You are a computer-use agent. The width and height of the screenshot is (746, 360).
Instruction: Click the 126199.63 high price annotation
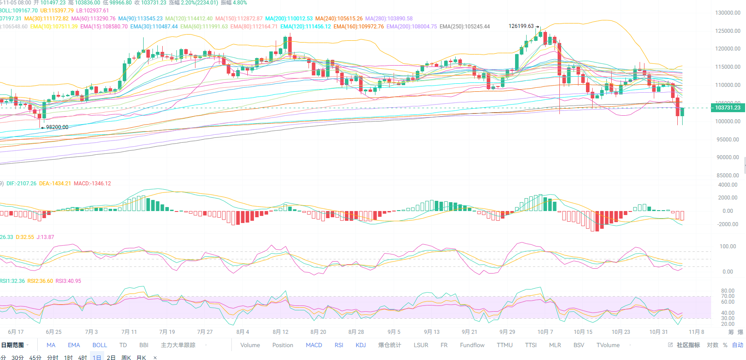click(521, 26)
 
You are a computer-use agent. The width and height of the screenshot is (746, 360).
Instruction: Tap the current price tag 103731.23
click(727, 108)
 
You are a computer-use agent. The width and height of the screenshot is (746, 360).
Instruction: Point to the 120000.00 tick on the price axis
click(727, 49)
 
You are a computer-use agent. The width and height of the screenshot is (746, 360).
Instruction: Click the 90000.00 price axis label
click(727, 157)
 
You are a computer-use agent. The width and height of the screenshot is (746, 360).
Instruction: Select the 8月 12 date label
click(281, 332)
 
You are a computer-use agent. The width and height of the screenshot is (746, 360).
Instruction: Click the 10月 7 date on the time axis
click(545, 332)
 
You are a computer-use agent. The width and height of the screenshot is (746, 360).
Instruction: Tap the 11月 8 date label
click(696, 332)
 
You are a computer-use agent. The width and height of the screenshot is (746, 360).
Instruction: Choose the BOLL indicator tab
click(100, 345)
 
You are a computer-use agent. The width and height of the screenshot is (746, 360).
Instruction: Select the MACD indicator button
click(314, 345)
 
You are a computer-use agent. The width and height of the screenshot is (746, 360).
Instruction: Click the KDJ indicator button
click(361, 345)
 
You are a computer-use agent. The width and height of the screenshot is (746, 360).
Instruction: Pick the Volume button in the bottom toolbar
click(250, 345)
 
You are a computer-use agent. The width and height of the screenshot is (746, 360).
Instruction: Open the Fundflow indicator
click(472, 345)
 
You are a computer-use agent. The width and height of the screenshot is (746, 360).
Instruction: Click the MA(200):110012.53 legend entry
click(289, 19)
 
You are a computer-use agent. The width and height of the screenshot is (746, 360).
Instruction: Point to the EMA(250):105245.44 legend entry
click(465, 27)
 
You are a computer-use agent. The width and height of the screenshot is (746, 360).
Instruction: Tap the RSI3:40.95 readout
click(68, 281)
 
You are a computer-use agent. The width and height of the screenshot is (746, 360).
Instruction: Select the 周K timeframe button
click(126, 357)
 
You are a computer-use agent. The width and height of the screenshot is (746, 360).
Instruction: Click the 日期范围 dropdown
click(15, 345)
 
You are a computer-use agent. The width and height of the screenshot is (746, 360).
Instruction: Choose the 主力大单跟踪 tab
click(178, 345)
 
